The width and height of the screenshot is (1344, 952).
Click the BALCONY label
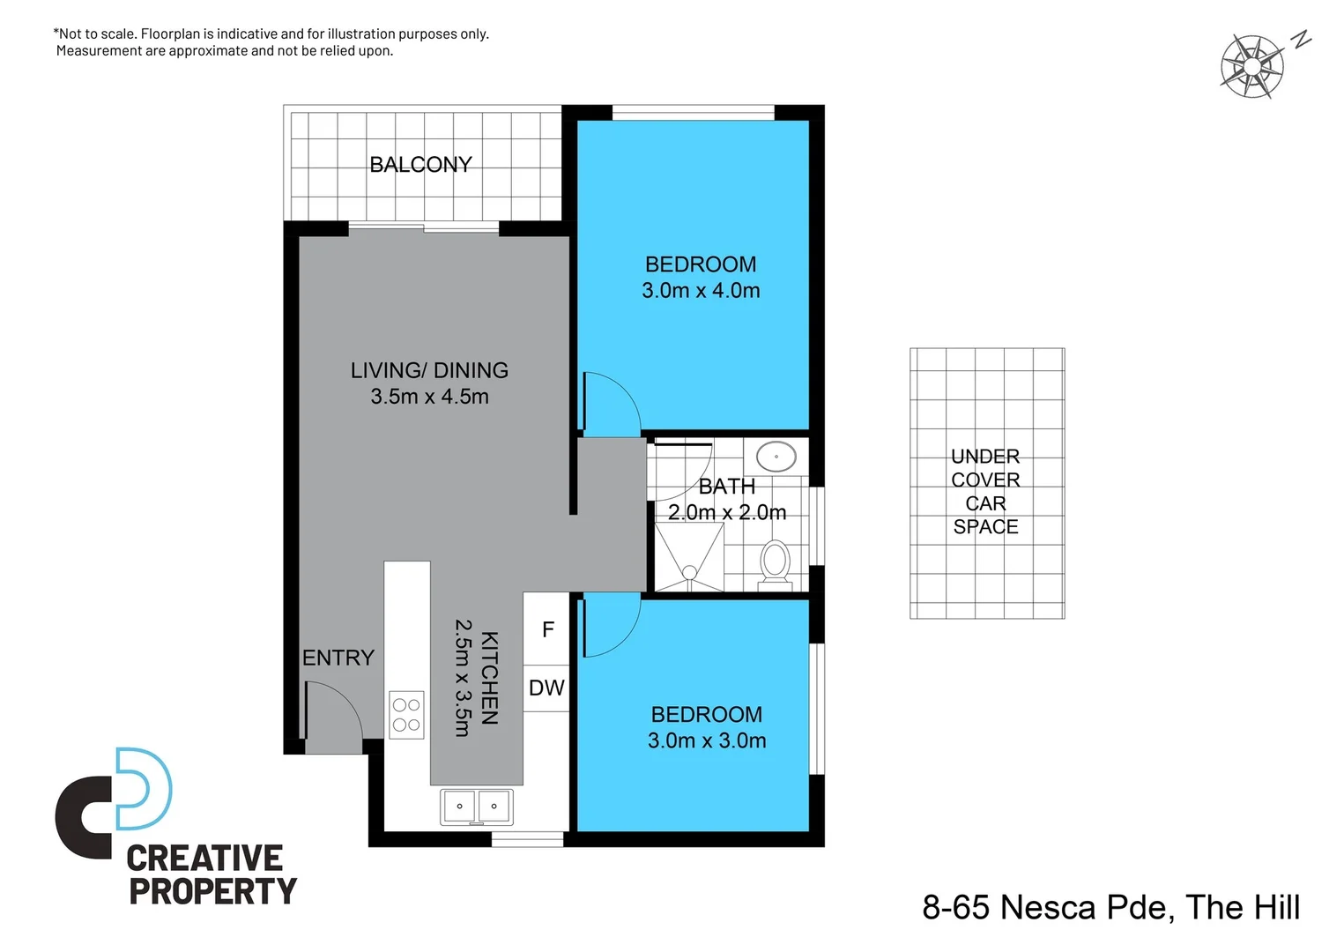[x=420, y=165]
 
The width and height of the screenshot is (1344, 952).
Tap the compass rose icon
[x=1251, y=66]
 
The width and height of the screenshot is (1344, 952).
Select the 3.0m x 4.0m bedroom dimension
[x=701, y=291]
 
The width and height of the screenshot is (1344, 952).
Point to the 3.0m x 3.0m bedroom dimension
[x=707, y=740]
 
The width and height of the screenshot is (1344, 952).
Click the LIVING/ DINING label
[x=429, y=370]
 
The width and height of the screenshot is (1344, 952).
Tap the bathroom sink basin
[x=776, y=457]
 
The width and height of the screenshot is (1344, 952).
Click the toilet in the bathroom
[x=776, y=562]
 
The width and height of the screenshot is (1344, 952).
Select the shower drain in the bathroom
[x=690, y=573]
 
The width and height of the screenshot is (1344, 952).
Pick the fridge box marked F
[x=547, y=629]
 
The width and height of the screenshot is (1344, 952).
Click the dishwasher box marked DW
[x=546, y=688]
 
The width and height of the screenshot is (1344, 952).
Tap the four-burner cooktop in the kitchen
[x=406, y=715]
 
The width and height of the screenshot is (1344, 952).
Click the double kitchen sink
[x=476, y=807]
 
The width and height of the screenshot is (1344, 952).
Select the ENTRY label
[x=338, y=658]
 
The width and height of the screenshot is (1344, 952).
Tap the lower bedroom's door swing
[x=611, y=624]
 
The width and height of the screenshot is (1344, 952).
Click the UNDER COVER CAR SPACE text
[x=985, y=491]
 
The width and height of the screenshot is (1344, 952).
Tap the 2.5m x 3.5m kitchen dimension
[x=462, y=678]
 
